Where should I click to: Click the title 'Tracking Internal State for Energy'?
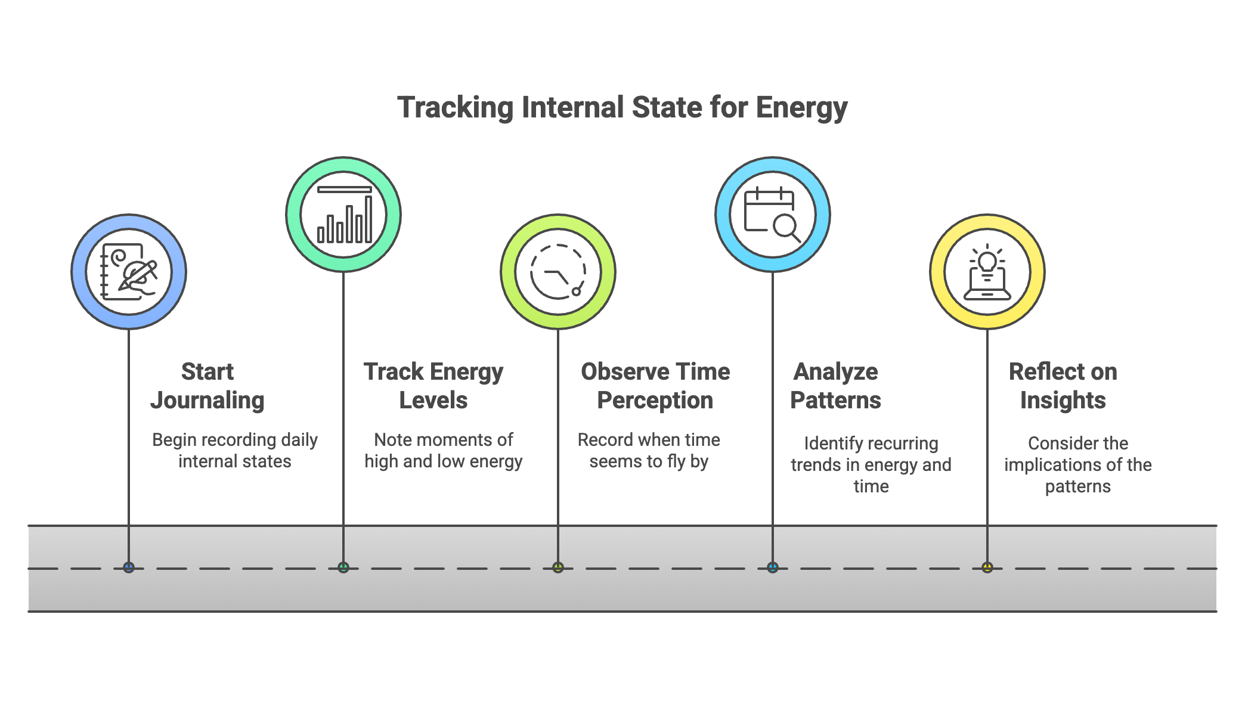pos(622,108)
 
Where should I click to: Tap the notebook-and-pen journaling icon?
pos(129,272)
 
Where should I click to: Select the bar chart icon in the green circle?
pos(344,215)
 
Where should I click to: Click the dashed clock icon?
pos(558,272)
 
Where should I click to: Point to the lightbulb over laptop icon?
pos(987,272)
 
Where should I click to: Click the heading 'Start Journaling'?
pos(207,386)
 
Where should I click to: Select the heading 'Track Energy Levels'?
pos(433,386)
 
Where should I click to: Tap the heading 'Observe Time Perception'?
pos(655,386)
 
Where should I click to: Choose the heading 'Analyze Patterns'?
pos(835,386)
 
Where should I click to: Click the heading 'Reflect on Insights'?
pos(1063,386)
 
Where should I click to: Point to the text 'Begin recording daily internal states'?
pos(234,451)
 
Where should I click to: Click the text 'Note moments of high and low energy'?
pos(443,451)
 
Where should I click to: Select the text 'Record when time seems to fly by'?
pos(649,451)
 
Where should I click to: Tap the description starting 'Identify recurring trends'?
pos(871,465)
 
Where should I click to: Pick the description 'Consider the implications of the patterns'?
pos(1077,465)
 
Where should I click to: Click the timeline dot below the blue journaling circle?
pos(129,567)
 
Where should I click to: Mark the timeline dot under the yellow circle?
pos(987,567)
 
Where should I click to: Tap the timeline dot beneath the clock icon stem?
pos(558,567)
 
